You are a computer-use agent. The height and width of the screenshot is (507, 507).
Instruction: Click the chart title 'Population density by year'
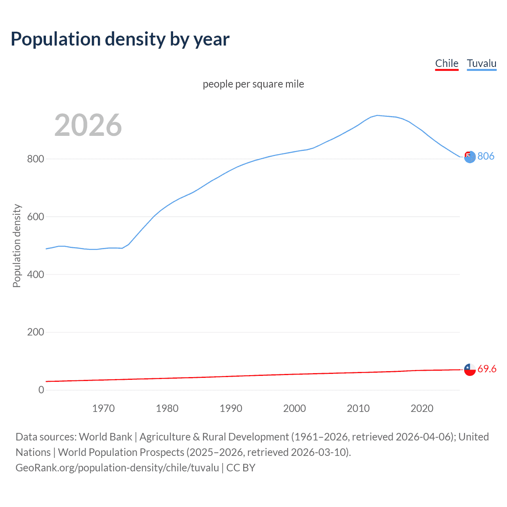pyautogui.click(x=120, y=39)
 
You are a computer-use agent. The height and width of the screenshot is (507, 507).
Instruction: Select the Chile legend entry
pyautogui.click(x=446, y=63)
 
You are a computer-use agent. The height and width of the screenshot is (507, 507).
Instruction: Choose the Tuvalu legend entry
pyautogui.click(x=481, y=63)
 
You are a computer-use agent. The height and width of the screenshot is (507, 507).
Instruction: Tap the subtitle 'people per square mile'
pyautogui.click(x=253, y=84)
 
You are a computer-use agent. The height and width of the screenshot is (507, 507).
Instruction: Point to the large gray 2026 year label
pyautogui.click(x=88, y=125)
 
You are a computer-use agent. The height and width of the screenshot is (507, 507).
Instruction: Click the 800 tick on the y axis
pyautogui.click(x=35, y=159)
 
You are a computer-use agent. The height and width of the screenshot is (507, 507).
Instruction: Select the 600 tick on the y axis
pyautogui.click(x=35, y=217)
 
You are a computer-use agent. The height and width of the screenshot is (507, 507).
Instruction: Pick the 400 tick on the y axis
pyautogui.click(x=35, y=274)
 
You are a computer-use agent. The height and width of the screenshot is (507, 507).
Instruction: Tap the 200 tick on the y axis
pyautogui.click(x=35, y=332)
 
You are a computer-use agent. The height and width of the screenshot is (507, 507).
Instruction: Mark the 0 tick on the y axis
pyautogui.click(x=41, y=390)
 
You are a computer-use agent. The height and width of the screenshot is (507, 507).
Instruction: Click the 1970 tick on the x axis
pyautogui.click(x=103, y=408)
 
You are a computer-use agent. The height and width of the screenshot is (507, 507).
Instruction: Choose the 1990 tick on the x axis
pyautogui.click(x=231, y=408)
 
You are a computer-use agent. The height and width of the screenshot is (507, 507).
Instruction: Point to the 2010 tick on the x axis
pyautogui.click(x=358, y=408)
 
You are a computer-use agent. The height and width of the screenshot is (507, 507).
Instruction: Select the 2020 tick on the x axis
pyautogui.click(x=422, y=408)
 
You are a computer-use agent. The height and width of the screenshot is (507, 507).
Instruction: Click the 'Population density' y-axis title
pyautogui.click(x=17, y=246)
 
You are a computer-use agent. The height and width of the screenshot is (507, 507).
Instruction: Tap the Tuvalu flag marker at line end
pyautogui.click(x=469, y=157)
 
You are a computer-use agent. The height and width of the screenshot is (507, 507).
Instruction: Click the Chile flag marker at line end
pyautogui.click(x=470, y=370)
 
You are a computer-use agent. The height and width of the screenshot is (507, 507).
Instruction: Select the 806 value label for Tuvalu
pyautogui.click(x=486, y=156)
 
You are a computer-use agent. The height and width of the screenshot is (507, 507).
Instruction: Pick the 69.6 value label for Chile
pyautogui.click(x=487, y=369)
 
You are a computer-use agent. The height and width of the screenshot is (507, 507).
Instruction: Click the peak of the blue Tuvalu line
pyautogui.click(x=377, y=115)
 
